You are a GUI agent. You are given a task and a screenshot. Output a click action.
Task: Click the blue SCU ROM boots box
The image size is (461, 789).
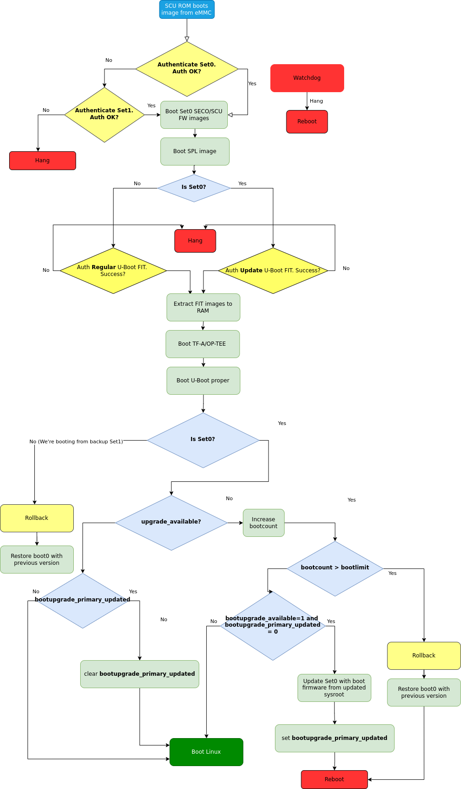(x=187, y=10)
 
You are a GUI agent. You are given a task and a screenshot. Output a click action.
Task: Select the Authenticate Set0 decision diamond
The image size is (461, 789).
(x=187, y=69)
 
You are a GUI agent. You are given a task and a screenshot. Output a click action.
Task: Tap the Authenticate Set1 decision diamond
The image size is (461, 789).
(x=104, y=115)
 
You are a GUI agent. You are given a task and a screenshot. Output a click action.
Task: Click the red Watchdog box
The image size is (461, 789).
(x=307, y=78)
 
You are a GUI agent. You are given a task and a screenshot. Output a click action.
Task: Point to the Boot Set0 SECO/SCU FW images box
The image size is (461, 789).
(x=194, y=115)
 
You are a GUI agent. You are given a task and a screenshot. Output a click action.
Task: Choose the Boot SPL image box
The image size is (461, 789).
(x=195, y=151)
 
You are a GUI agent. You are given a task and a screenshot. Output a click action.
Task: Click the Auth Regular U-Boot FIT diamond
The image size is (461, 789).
(x=113, y=270)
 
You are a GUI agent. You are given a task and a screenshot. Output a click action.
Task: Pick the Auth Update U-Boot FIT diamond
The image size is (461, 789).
(x=273, y=270)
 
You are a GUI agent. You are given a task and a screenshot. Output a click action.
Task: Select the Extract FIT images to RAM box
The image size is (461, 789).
(x=203, y=307)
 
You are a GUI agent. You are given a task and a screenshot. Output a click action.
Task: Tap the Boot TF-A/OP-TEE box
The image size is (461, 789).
(x=203, y=344)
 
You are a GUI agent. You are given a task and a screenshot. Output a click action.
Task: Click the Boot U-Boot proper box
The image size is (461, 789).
(x=203, y=381)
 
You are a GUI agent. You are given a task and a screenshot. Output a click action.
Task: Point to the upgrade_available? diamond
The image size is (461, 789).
(x=171, y=522)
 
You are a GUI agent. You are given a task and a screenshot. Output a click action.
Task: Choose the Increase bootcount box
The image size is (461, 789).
(x=263, y=523)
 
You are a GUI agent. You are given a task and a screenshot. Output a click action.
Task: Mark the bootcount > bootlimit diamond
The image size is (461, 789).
(x=335, y=568)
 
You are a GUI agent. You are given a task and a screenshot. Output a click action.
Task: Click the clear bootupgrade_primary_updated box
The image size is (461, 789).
(x=140, y=674)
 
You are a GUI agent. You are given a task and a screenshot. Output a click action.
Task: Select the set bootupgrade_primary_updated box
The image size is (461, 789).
(x=335, y=738)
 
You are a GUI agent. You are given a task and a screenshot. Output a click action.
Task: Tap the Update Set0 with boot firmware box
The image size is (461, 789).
(x=334, y=688)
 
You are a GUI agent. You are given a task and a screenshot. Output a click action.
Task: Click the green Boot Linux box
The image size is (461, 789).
(x=206, y=752)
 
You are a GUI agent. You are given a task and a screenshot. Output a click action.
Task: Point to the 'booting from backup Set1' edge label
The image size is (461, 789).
(x=76, y=441)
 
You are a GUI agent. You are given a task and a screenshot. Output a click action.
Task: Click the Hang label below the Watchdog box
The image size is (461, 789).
(x=316, y=101)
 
